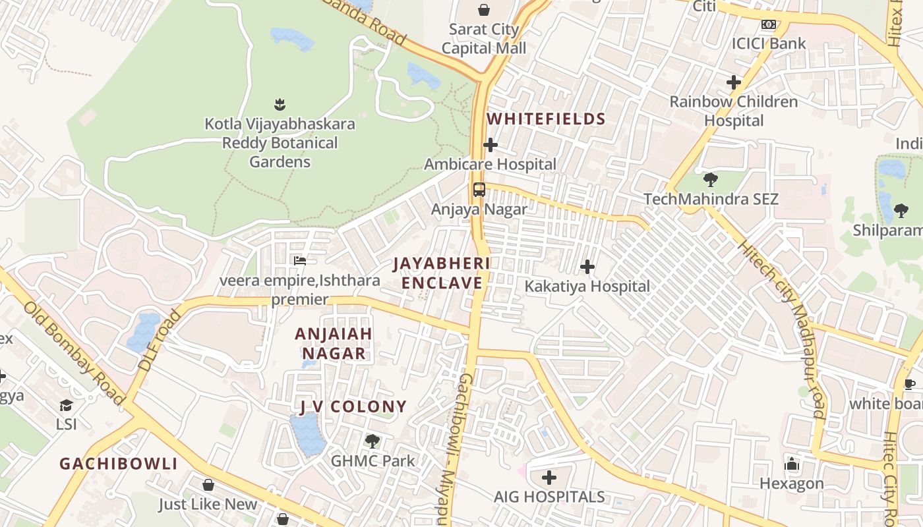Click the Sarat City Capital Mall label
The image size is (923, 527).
click(x=484, y=39)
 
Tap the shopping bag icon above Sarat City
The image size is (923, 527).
click(x=484, y=10)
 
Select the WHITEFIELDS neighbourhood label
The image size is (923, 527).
click(x=546, y=119)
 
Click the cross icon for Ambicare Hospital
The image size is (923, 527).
click(x=491, y=145)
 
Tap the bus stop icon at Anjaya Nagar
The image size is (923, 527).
click(x=479, y=190)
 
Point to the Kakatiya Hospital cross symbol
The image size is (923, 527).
click(x=587, y=267)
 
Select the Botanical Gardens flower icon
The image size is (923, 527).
click(x=280, y=104)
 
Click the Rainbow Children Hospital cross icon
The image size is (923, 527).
click(x=734, y=82)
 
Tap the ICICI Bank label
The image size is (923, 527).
click(x=769, y=44)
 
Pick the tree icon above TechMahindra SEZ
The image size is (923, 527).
click(x=711, y=179)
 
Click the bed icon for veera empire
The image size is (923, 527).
click(x=300, y=261)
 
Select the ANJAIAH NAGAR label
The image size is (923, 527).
click(x=334, y=343)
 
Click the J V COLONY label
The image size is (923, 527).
click(x=353, y=406)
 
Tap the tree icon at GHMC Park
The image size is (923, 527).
click(x=372, y=441)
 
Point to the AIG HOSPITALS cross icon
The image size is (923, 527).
click(x=549, y=477)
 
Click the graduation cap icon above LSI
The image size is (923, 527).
click(x=66, y=404)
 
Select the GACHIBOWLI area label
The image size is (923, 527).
click(x=119, y=464)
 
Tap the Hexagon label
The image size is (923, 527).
click(x=792, y=484)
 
